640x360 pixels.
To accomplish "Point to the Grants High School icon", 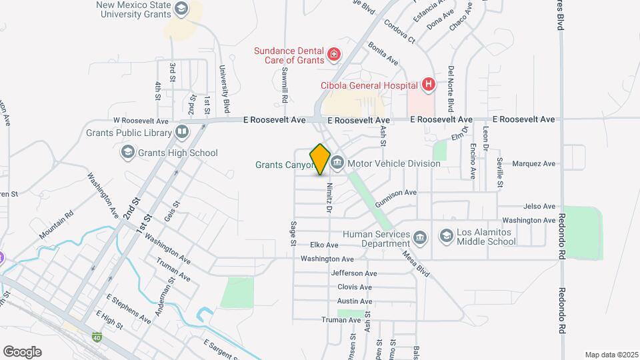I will point(127,153).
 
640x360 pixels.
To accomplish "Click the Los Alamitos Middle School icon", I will point(446,236).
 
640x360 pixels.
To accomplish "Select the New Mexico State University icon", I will point(181,9).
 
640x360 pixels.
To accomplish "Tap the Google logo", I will point(22,352).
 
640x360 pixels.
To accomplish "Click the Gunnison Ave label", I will point(395,193).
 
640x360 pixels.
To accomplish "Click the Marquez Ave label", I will point(533,163).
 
